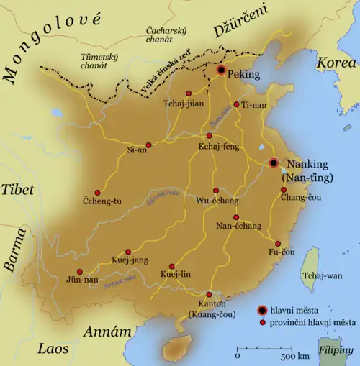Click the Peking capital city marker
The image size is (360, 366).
(x=221, y=70)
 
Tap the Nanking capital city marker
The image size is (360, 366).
(x=274, y=163)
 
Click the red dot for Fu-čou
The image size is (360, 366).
(x=277, y=243)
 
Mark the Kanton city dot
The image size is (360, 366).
(x=210, y=293)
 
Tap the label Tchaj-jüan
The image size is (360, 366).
(x=176, y=110)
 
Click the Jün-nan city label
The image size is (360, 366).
(x=83, y=279)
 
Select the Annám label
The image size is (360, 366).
(x=108, y=332)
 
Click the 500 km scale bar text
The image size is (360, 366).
(x=295, y=357)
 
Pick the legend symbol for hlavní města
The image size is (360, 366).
(x=263, y=310)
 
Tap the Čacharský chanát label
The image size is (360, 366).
(x=166, y=37)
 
